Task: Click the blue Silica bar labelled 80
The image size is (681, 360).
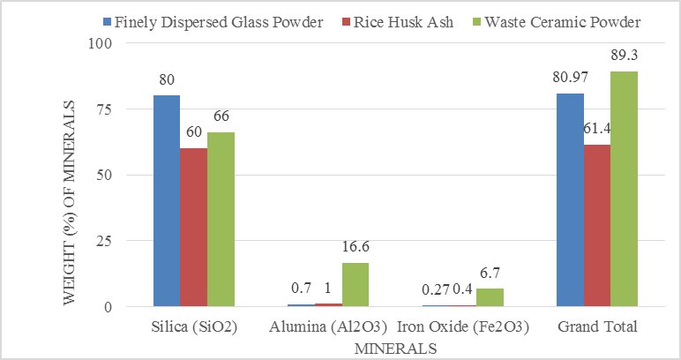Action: click(x=166, y=201)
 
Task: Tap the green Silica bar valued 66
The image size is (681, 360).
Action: click(x=221, y=220)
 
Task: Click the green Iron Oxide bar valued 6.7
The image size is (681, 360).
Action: click(x=490, y=298)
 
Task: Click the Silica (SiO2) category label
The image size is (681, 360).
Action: click(x=193, y=326)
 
